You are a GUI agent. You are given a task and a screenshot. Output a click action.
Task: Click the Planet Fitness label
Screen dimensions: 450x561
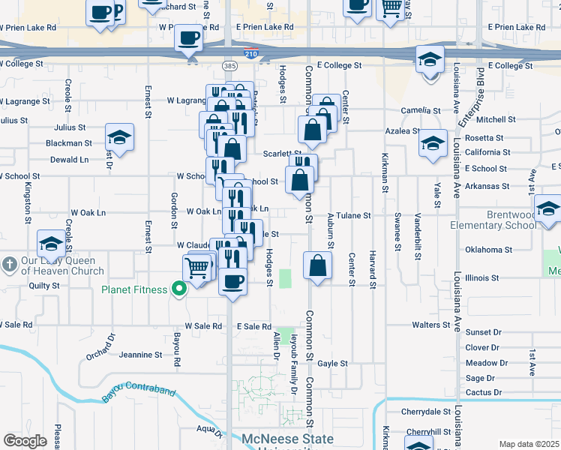[x=135, y=289]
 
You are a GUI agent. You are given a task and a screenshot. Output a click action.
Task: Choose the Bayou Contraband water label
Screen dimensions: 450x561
[x=139, y=393]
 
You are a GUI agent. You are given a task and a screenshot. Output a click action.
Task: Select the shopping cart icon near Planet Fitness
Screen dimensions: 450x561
[x=196, y=266]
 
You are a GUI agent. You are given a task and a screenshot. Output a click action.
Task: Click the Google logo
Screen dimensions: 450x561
[x=25, y=441]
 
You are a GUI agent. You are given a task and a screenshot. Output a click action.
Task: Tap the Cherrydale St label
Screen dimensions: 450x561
[x=424, y=412]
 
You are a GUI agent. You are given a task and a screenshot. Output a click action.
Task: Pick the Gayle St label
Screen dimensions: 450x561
[x=332, y=363]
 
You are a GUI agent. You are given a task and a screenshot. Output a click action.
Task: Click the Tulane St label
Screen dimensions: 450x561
[x=353, y=216]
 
